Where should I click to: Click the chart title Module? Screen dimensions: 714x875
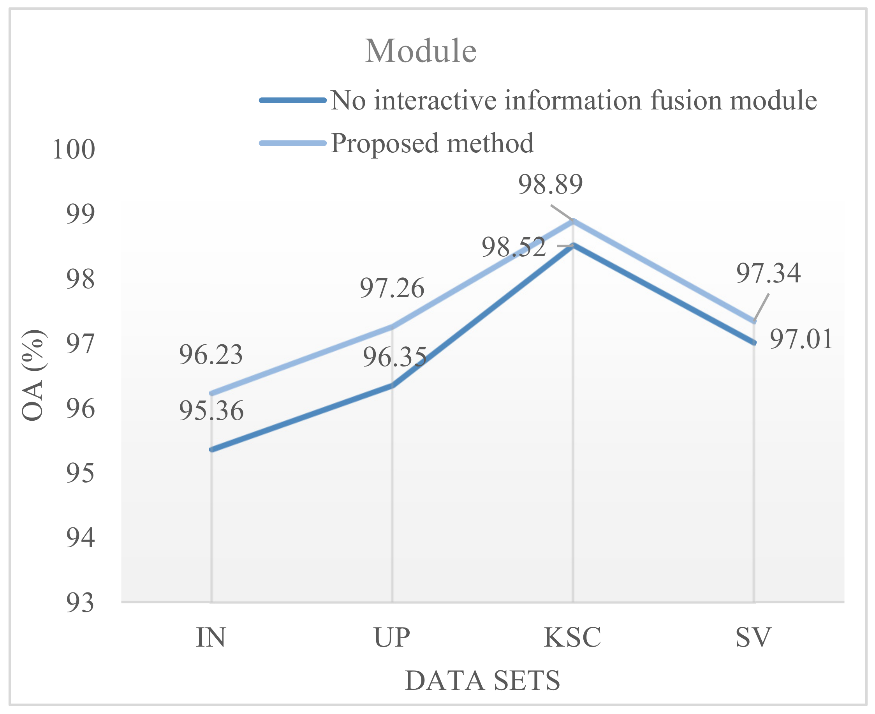click(421, 51)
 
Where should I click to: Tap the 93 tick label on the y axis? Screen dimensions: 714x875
click(81, 603)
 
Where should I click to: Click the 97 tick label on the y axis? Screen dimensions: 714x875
click(81, 344)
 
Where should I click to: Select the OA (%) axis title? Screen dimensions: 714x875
click(33, 375)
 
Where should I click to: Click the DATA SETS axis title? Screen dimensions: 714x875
click(482, 681)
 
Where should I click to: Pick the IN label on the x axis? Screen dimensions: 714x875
click(211, 637)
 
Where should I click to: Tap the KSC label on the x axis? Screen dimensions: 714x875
click(572, 637)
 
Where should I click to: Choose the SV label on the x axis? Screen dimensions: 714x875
click(753, 637)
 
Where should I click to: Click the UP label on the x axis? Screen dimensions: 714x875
click(392, 637)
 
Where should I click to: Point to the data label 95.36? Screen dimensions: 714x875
click(211, 411)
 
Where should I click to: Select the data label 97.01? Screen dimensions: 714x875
click(801, 339)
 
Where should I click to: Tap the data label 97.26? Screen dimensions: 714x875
click(392, 288)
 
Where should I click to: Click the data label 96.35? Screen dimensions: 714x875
click(394, 356)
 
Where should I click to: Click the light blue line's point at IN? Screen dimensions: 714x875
click(211, 393)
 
